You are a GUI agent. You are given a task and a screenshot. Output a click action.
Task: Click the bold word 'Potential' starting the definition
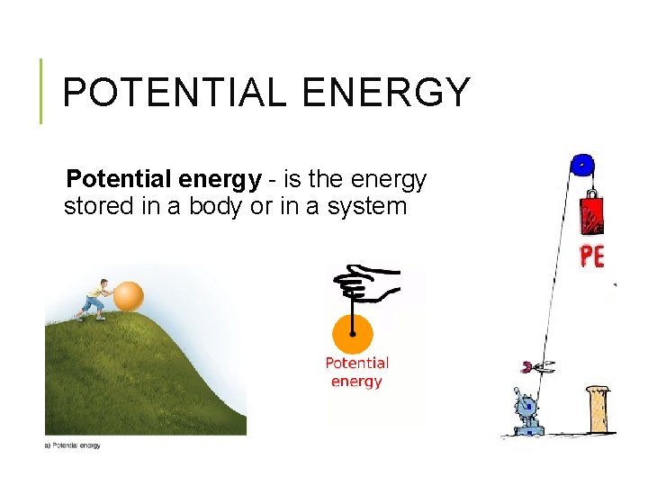coord(117,180)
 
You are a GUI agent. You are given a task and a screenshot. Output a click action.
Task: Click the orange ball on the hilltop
coord(129,296)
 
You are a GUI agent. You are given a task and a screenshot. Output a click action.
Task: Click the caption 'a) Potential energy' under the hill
coord(73,445)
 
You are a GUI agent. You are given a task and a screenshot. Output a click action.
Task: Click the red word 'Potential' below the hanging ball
coord(356,364)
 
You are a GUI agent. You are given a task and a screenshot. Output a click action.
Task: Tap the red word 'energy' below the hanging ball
coord(356,382)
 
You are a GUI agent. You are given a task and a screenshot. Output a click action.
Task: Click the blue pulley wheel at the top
coord(582,165)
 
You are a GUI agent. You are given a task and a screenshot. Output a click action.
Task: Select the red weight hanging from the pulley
coord(591,214)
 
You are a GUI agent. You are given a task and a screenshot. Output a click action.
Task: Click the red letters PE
coord(591,256)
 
